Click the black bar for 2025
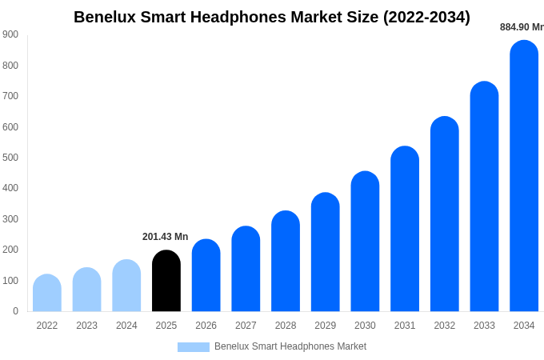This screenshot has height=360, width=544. tap(166, 281)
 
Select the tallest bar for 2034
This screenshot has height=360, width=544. tap(524, 176)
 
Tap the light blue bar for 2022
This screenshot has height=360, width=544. tap(47, 293)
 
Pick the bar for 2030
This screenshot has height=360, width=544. tap(365, 242)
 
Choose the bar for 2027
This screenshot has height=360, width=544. tap(246, 269)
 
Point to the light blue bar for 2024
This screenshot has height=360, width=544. tap(126, 286)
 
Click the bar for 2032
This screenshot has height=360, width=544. tap(445, 214)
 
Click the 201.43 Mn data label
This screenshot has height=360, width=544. tap(165, 237)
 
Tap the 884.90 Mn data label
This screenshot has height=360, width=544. tap(522, 27)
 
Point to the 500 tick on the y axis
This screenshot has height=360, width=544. tap(10, 158)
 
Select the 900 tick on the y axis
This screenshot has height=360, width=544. tap(10, 34)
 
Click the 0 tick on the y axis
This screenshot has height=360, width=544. tap(15, 311)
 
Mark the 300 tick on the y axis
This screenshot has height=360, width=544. tap(10, 219)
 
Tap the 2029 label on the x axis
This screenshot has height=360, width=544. tap(326, 326)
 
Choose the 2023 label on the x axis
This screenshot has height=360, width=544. tap(86, 326)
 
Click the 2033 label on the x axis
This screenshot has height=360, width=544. tap(484, 326)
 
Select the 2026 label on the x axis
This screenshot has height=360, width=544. tap(206, 326)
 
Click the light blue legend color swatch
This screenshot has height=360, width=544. tap(194, 347)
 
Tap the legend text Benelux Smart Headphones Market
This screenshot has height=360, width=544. tap(290, 346)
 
